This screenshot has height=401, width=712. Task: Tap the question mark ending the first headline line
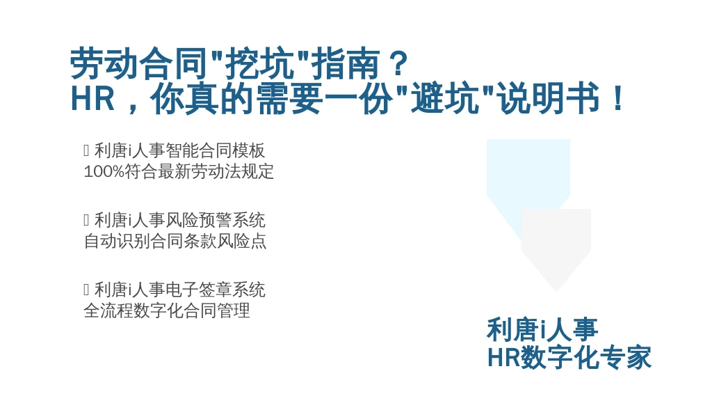pyautogui.click(x=399, y=64)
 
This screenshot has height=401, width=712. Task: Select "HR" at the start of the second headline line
pyautogui.click(x=92, y=99)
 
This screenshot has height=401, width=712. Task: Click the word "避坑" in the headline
pyautogui.click(x=445, y=99)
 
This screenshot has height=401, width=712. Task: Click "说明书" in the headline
pyautogui.click(x=549, y=99)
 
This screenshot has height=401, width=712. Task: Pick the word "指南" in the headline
pyautogui.click(x=345, y=64)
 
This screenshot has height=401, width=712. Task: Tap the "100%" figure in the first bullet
pyautogui.click(x=104, y=172)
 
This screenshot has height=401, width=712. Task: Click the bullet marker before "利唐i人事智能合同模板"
pyautogui.click(x=86, y=150)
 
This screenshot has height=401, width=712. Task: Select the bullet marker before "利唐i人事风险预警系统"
pyautogui.click(x=86, y=220)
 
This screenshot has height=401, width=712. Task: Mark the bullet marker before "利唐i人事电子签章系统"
pyautogui.click(x=86, y=290)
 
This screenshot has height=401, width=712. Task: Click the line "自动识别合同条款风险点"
pyautogui.click(x=175, y=242)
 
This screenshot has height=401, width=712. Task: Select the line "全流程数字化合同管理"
pyautogui.click(x=167, y=311)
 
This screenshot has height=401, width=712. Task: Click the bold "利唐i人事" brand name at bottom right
pyautogui.click(x=542, y=329)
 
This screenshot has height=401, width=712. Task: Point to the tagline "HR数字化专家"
pyautogui.click(x=569, y=357)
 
